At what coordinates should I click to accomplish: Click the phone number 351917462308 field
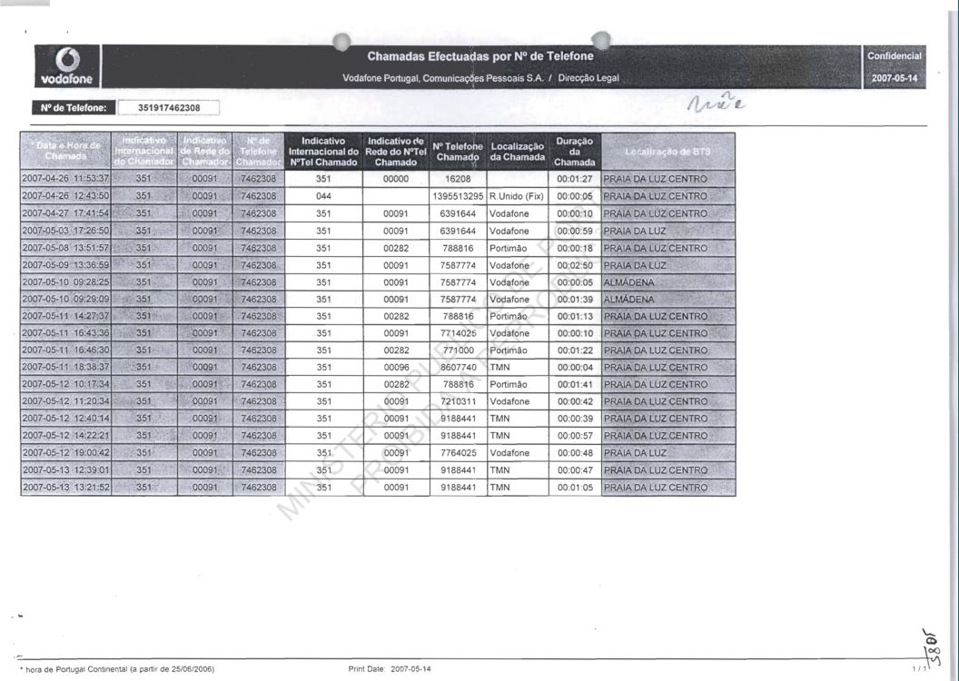tap(169, 108)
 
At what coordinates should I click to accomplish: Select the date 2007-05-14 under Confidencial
tap(895, 79)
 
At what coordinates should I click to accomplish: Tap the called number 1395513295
tap(459, 196)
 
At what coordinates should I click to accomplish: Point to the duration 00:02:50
tap(575, 265)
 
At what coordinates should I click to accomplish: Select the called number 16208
tap(459, 179)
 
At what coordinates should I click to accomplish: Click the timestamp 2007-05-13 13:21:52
tap(65, 488)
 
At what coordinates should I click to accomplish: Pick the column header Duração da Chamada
tap(574, 152)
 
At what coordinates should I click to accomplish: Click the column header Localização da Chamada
tap(517, 152)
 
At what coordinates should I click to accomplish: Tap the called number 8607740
tap(459, 368)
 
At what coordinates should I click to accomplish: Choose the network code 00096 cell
tap(396, 368)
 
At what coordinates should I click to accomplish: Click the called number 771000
tap(459, 350)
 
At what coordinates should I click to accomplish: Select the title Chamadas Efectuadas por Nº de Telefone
tap(480, 56)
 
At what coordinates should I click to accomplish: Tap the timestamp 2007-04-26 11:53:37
tap(65, 179)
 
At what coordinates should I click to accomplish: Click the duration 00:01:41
tap(575, 385)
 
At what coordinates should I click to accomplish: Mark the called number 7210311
tap(459, 401)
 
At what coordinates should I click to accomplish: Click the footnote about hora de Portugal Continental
tap(117, 669)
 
